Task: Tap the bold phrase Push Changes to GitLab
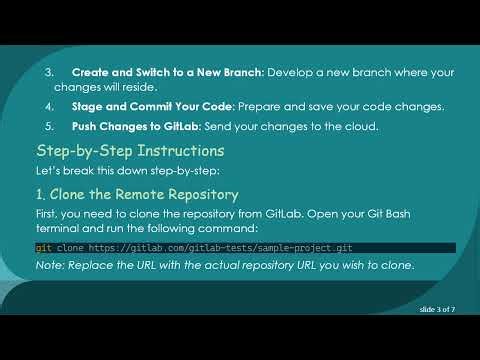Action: click(136, 127)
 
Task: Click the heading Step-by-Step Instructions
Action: click(129, 151)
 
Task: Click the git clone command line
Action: click(194, 247)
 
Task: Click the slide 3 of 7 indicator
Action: click(438, 310)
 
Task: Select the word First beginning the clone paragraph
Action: click(48, 213)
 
